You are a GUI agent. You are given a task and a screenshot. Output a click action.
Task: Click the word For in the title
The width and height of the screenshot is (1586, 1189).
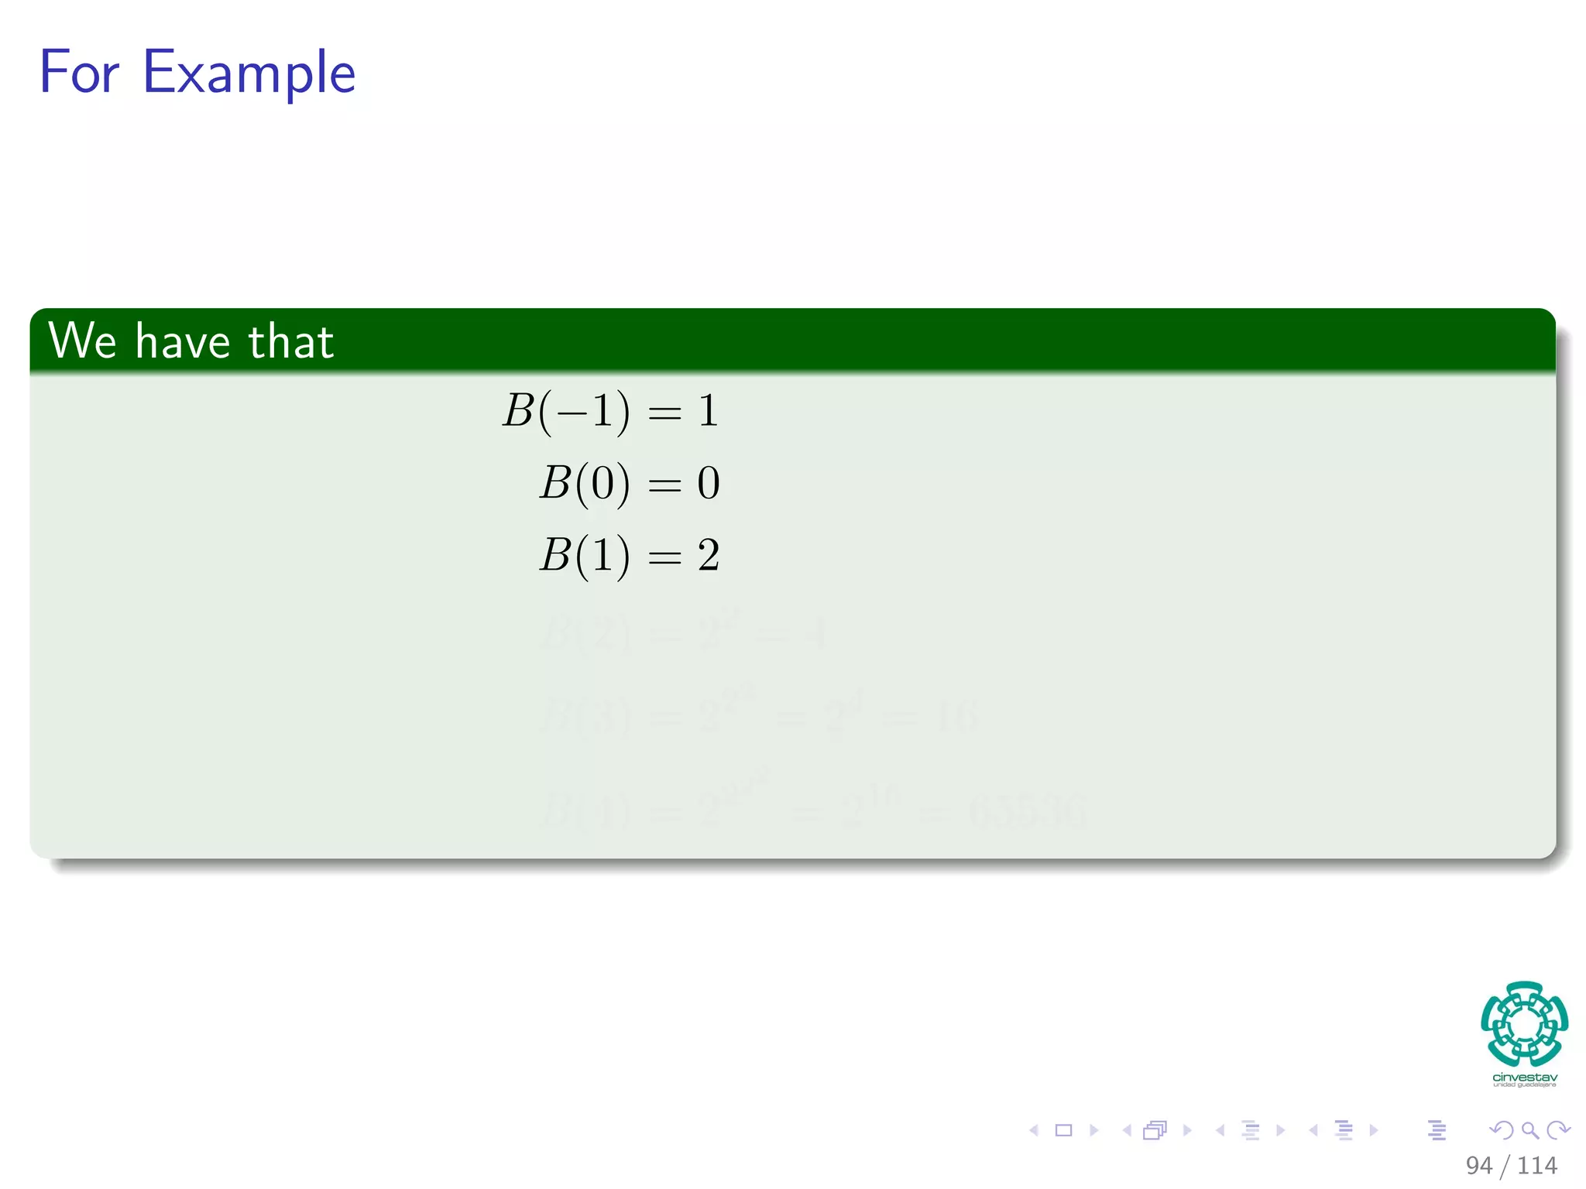point(79,72)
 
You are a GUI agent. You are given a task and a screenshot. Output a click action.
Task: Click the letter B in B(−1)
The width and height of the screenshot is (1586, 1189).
point(518,410)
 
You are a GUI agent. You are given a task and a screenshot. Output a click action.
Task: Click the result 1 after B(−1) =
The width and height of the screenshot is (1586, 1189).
point(708,410)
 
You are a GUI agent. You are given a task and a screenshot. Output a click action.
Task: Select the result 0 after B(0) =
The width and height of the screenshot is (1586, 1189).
point(709,483)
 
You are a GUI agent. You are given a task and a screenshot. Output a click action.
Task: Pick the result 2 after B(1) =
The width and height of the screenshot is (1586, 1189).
point(709,556)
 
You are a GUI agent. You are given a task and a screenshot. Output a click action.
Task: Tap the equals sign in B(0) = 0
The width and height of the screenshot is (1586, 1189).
point(664,485)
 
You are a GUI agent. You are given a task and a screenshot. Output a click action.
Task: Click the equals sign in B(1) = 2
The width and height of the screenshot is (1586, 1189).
point(664,557)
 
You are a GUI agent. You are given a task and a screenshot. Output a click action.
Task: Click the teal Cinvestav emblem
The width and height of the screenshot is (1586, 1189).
point(1524,1023)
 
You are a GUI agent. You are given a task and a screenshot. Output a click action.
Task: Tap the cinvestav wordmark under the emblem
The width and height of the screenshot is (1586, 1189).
point(1525,1078)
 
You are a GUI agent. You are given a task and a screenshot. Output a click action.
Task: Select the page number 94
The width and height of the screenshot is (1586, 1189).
point(1478,1165)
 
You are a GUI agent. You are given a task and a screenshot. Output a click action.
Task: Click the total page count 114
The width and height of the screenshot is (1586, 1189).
point(1537,1165)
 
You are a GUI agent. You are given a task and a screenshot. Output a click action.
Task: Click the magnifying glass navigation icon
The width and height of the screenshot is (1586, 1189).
point(1529,1130)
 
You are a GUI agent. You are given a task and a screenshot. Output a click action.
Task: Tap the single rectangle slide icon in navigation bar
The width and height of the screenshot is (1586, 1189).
point(1063,1130)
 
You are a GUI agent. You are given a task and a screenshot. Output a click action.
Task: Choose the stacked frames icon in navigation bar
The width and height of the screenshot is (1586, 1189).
point(1155,1130)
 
